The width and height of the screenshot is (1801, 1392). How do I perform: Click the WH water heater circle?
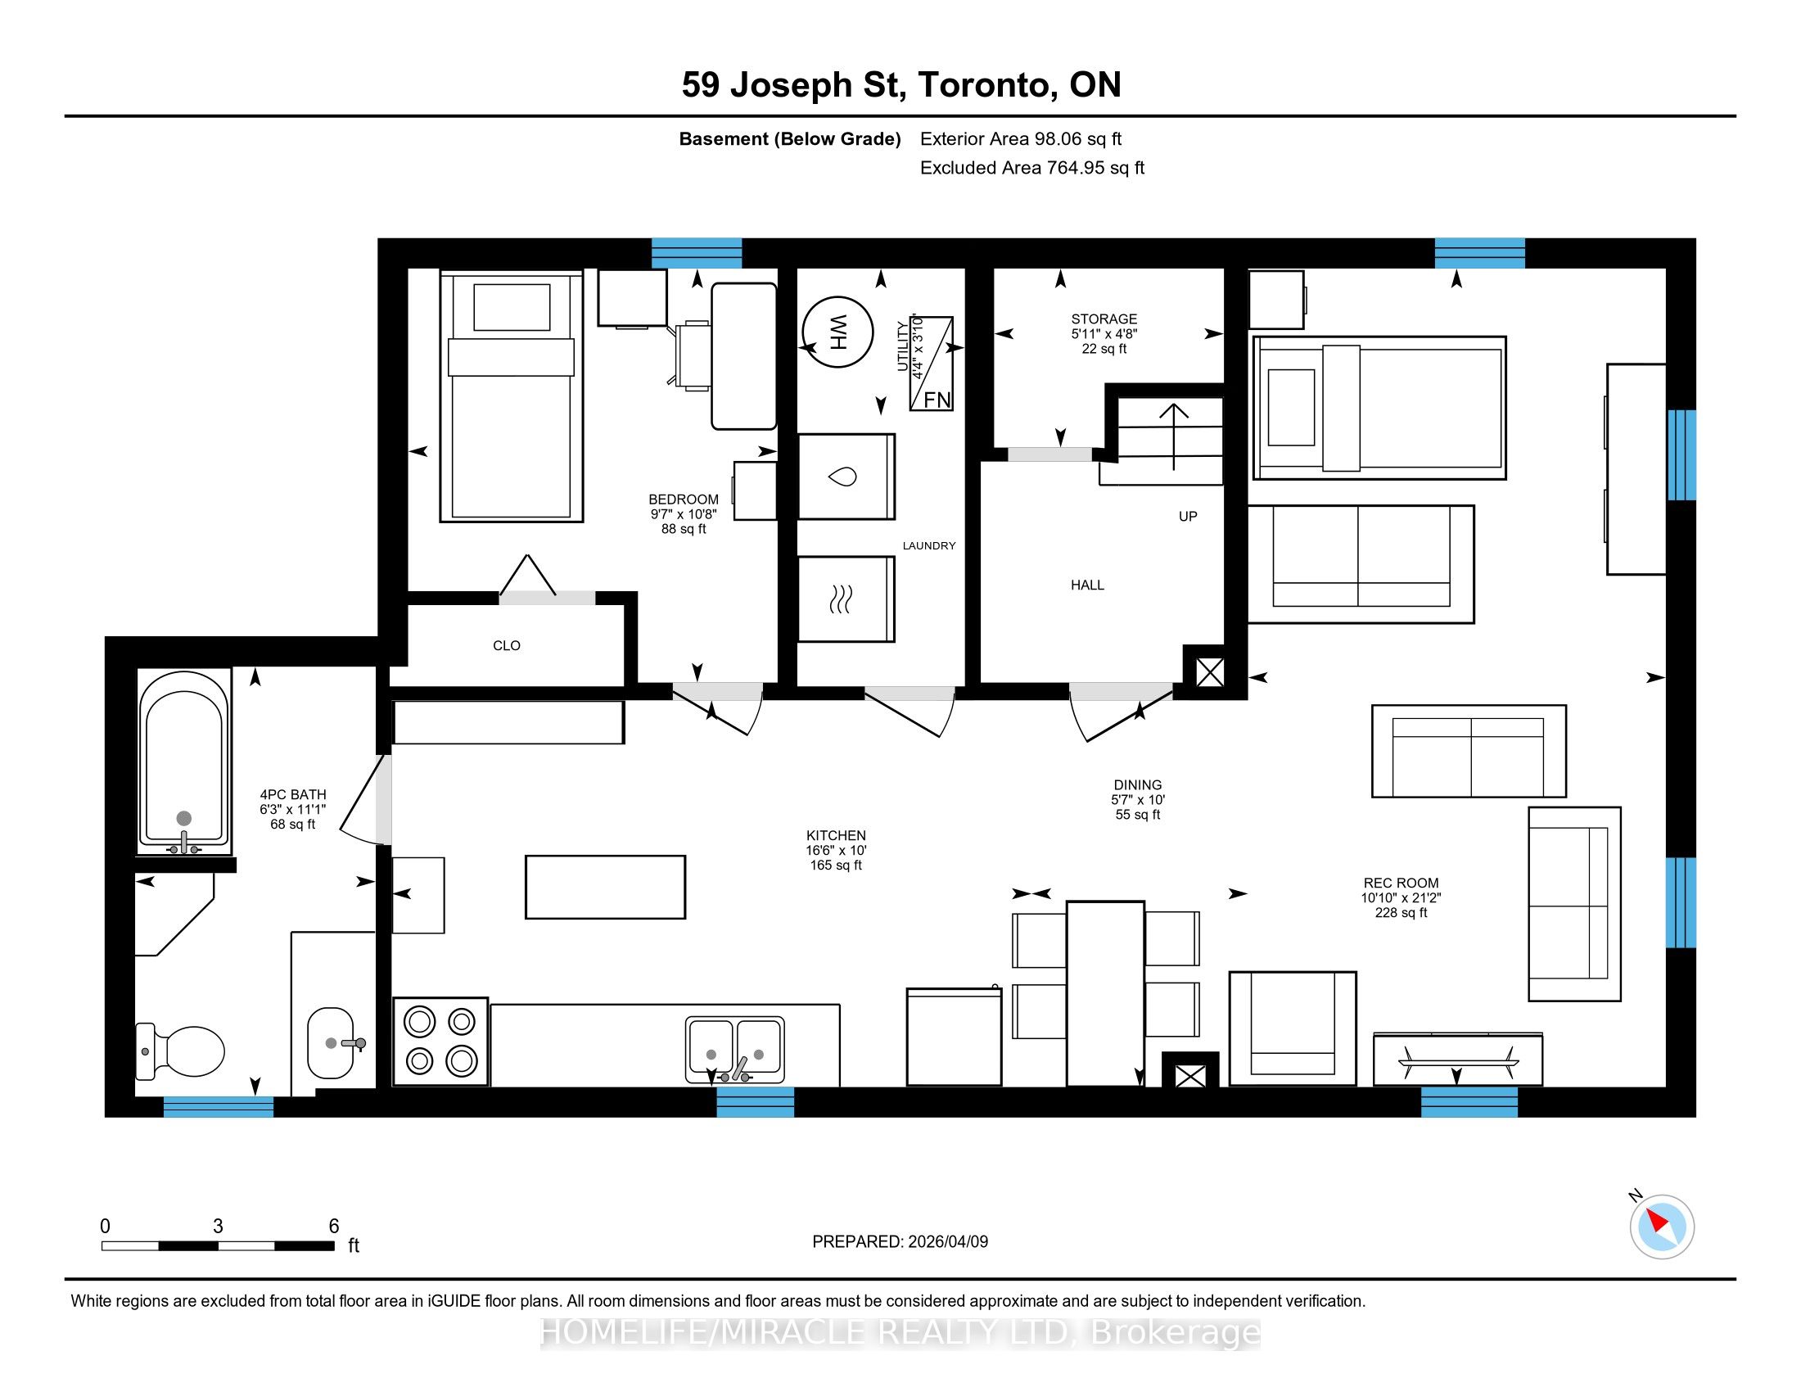pyautogui.click(x=837, y=332)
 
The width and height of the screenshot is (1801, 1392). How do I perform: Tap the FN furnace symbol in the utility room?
pyautogui.click(x=931, y=363)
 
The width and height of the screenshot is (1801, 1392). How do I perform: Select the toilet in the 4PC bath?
pyautogui.click(x=181, y=1051)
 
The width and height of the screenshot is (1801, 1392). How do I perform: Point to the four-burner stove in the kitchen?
pyautogui.click(x=441, y=1042)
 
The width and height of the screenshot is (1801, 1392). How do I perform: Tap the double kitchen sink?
pyautogui.click(x=735, y=1049)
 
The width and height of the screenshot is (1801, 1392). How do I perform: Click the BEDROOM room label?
pyautogui.click(x=684, y=499)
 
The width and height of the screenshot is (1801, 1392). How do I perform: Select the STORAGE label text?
pyautogui.click(x=1104, y=319)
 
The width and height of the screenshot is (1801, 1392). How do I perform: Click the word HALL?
pyautogui.click(x=1087, y=585)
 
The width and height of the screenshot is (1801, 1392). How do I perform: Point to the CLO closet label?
pyautogui.click(x=506, y=646)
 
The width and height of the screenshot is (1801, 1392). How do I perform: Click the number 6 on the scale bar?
pyautogui.click(x=334, y=1227)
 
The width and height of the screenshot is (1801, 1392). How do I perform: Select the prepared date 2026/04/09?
pyautogui.click(x=947, y=1242)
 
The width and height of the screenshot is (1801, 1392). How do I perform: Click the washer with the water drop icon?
pyautogui.click(x=846, y=477)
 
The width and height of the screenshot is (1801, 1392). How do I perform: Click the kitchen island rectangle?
pyautogui.click(x=605, y=888)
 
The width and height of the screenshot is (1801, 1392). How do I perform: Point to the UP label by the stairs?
pyautogui.click(x=1188, y=517)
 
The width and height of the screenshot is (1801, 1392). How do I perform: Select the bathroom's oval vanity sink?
pyautogui.click(x=331, y=1043)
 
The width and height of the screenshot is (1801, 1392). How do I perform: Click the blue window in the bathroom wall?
pyautogui.click(x=219, y=1107)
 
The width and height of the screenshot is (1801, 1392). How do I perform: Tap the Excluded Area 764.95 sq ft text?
pyautogui.click(x=1031, y=168)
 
